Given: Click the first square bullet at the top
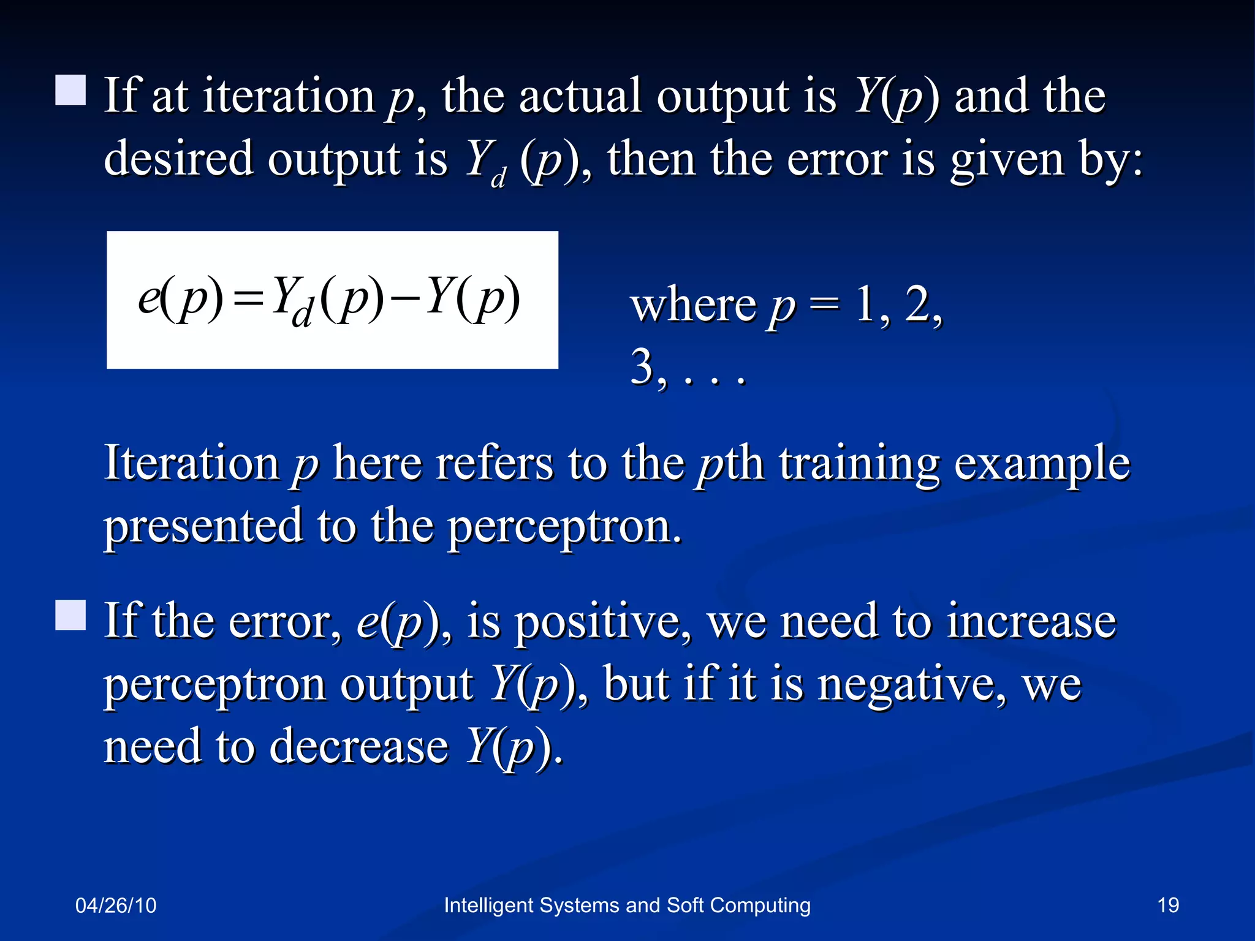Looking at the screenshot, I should point(70,90).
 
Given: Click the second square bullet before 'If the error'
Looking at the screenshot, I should point(70,615).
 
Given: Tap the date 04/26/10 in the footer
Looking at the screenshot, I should point(116,905).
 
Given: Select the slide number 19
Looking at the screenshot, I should point(1168,905).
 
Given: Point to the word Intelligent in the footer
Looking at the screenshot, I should point(488,905).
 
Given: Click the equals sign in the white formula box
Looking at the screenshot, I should point(249,300).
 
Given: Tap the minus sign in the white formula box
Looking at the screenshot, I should point(404,300).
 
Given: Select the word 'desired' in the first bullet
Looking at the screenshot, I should point(178,158).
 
